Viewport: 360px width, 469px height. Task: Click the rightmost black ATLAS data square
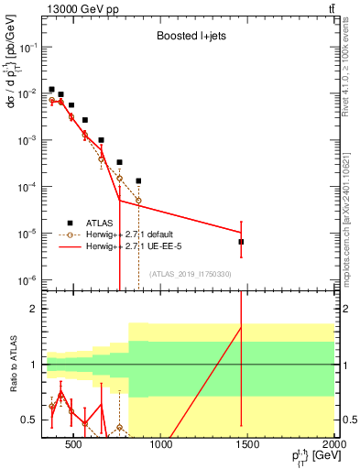coord(241,242)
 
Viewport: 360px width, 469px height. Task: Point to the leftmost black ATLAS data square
coord(51,89)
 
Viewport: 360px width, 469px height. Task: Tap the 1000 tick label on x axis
coord(159,447)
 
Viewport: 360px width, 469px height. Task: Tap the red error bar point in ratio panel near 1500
coord(241,327)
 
